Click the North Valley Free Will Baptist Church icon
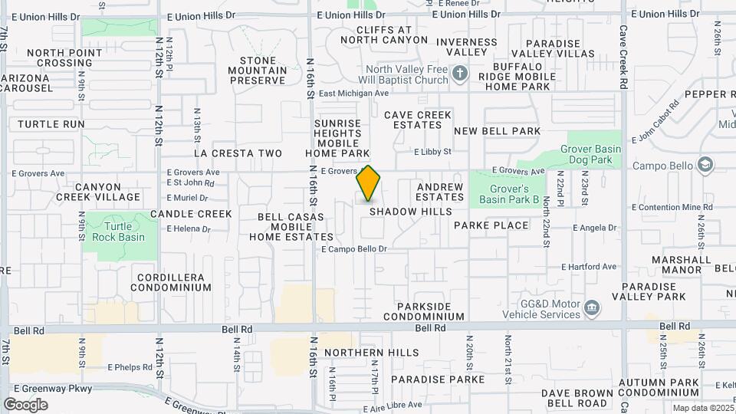click(459, 74)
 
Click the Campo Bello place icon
click(705, 165)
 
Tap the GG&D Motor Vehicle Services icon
click(591, 308)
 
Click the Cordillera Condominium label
click(170, 282)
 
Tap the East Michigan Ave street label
click(354, 94)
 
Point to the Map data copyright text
click(702, 408)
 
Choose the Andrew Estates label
click(440, 192)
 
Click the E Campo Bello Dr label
click(354, 249)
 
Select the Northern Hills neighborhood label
click(371, 353)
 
